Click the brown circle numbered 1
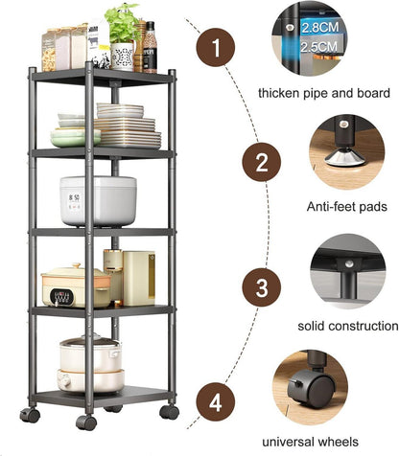point(216,47)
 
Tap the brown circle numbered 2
point(262,162)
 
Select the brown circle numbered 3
point(262,287)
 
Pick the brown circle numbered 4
point(216,402)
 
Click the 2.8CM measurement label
point(319,28)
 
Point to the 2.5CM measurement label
point(318,47)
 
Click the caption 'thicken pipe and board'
point(324,93)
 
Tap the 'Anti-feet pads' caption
point(347,207)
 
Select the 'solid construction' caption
point(348,326)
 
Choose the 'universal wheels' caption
point(310,442)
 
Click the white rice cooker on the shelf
point(98,201)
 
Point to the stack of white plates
point(128,126)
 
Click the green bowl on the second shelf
point(76,138)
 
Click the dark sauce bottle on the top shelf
point(150,47)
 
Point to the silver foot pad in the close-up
point(345,158)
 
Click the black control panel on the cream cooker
point(61,297)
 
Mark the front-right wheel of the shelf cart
point(169,412)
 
